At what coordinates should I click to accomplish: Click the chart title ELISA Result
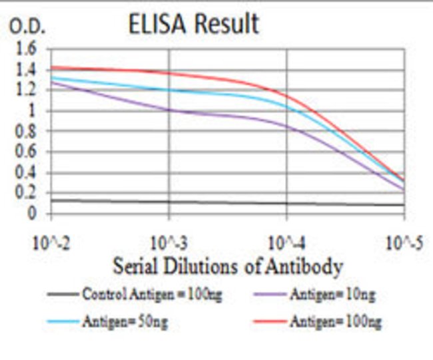(x=193, y=24)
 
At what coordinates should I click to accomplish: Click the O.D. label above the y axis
(x=27, y=27)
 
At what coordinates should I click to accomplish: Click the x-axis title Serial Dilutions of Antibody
(x=228, y=267)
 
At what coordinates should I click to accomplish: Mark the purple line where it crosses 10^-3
(x=169, y=109)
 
